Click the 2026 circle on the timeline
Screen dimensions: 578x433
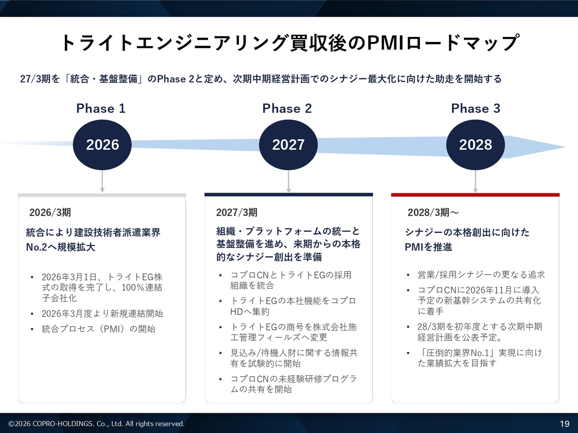(102, 145)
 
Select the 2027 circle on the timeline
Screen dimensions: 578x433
(289, 145)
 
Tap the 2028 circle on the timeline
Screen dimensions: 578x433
(475, 145)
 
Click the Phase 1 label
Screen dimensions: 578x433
(101, 108)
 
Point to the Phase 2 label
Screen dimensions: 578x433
(287, 108)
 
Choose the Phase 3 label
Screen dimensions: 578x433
(475, 108)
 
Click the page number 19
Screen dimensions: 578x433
(564, 424)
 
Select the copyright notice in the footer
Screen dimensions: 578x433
(96, 424)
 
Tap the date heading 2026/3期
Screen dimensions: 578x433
(50, 212)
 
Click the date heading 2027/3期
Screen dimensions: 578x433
(237, 212)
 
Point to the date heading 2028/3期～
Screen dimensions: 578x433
(433, 212)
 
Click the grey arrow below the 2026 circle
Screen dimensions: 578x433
(102, 181)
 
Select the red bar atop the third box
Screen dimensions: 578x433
(475, 195)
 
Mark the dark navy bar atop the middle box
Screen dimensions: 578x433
(289, 195)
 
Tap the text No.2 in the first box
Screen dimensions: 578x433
(36, 247)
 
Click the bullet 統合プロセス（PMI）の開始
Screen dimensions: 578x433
(98, 329)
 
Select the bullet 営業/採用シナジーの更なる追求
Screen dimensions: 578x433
(481, 275)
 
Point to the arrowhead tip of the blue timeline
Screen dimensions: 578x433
(565, 147)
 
